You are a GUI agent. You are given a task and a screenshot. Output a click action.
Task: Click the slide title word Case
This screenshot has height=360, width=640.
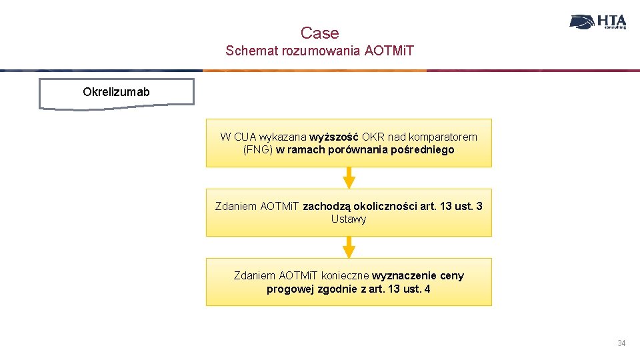319,33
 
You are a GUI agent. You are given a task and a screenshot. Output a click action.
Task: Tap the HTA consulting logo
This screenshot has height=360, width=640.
598,22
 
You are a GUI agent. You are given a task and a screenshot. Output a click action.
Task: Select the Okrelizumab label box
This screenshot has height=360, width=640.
117,92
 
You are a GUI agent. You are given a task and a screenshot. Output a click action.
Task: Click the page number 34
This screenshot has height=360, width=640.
621,343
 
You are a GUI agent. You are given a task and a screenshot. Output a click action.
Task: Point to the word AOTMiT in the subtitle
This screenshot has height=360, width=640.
389,51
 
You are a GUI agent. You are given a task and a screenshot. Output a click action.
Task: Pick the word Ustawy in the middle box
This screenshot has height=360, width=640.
349,219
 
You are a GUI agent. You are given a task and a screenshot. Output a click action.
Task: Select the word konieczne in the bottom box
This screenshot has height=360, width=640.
345,275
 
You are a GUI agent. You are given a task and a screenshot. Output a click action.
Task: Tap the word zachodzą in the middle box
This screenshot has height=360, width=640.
326,206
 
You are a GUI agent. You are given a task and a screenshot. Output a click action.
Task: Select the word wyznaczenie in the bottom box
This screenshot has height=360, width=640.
404,275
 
